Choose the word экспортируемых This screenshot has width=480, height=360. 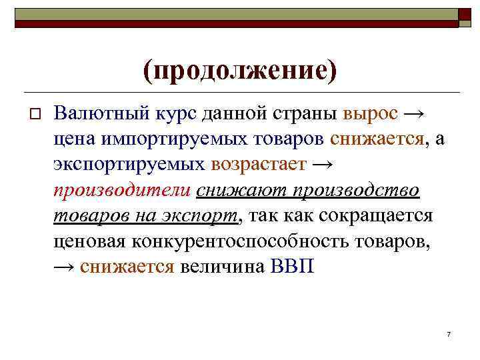[131, 164]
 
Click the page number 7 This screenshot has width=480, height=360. [449, 333]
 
